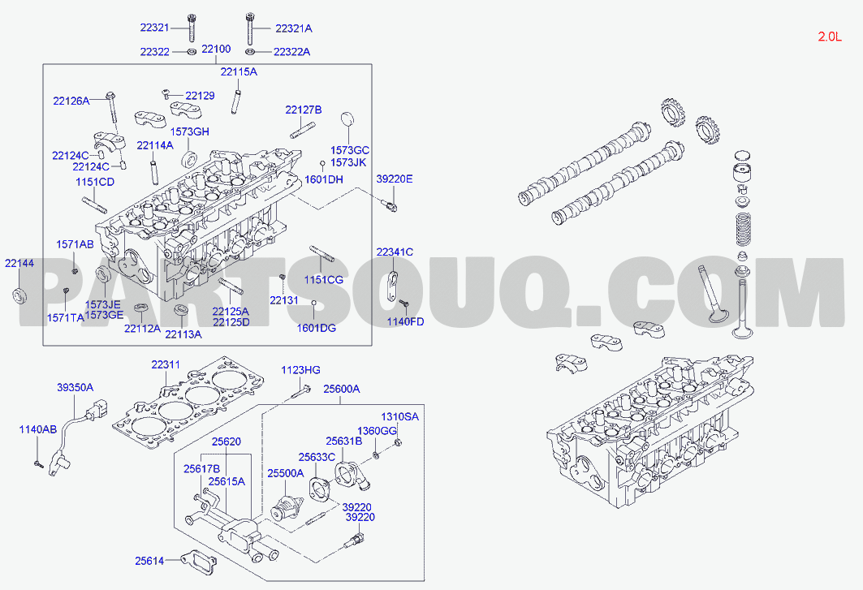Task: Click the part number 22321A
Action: tap(293, 28)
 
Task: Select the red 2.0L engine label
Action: tap(830, 37)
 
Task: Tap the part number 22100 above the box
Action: tap(216, 49)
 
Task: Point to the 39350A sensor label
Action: tap(75, 387)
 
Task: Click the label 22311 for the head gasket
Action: tap(166, 364)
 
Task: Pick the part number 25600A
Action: tap(341, 389)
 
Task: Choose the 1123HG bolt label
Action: tap(300, 370)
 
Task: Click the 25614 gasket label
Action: tap(149, 561)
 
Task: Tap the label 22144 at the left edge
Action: tap(19, 263)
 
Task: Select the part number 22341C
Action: tap(395, 252)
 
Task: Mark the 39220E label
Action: tap(395, 179)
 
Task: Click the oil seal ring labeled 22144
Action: tap(20, 295)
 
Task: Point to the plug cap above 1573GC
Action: tap(347, 120)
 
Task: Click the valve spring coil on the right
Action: tap(744, 230)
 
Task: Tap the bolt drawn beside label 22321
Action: tap(192, 27)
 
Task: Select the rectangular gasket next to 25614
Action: tap(199, 562)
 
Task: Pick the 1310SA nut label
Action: tap(400, 416)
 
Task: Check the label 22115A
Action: tap(239, 71)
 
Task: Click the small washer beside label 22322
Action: tap(191, 52)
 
